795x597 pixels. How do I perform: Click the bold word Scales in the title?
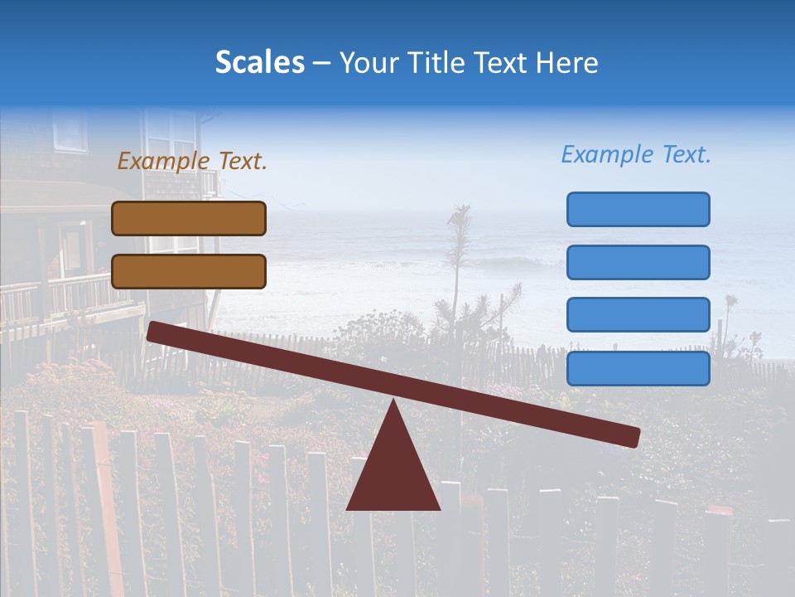(x=259, y=62)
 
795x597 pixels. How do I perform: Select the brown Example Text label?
(x=192, y=161)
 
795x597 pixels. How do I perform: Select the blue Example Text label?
(x=636, y=154)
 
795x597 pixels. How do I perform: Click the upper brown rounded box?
(x=189, y=218)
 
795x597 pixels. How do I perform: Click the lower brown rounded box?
(x=189, y=271)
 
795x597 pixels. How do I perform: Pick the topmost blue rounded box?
(x=638, y=209)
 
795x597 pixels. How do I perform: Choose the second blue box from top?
(x=638, y=262)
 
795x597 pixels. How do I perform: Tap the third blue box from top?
(x=638, y=314)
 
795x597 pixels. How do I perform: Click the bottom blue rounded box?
(x=638, y=368)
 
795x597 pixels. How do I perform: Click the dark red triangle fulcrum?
(x=393, y=473)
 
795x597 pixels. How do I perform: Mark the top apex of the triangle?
(x=394, y=401)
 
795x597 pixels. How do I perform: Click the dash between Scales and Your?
(x=322, y=63)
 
